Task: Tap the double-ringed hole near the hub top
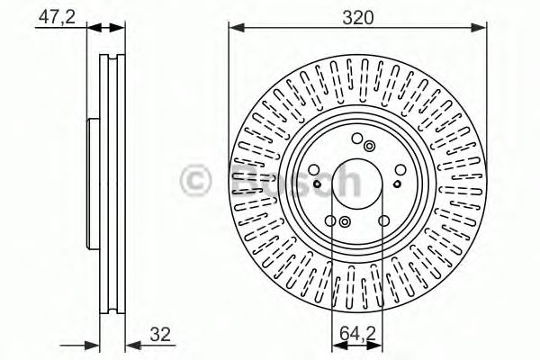click(x=372, y=146)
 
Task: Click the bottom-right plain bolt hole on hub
click(x=384, y=220)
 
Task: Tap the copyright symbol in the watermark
click(x=197, y=181)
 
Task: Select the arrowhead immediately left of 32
click(x=128, y=343)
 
